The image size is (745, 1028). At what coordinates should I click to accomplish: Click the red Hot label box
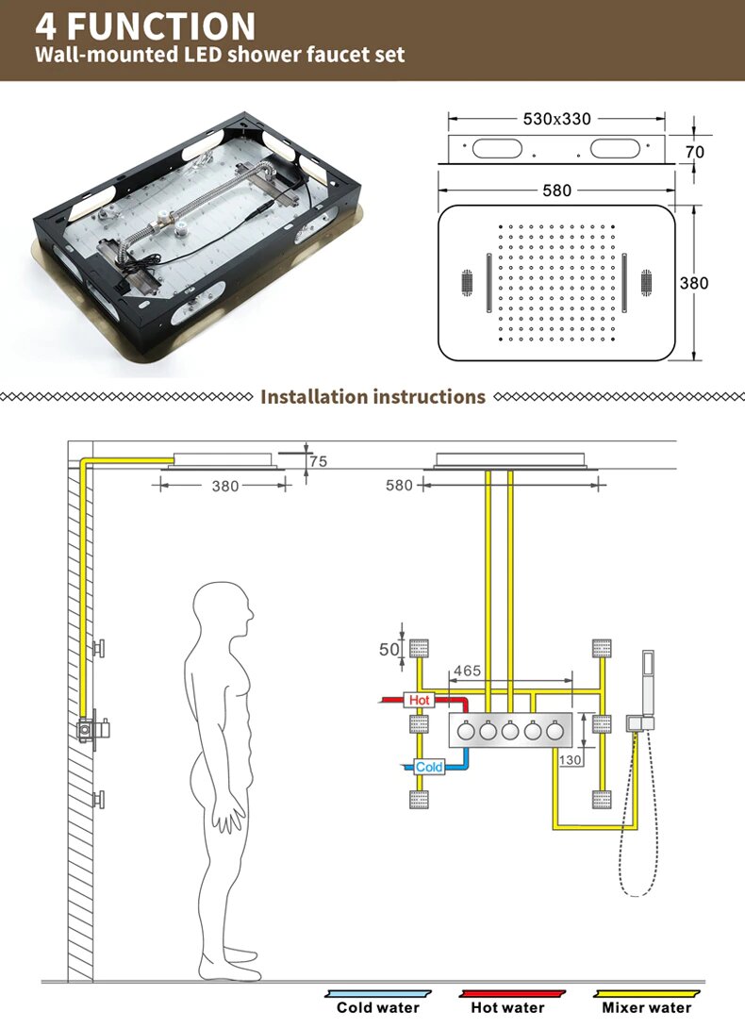coord(420,701)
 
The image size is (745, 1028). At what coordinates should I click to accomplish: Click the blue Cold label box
coord(429,767)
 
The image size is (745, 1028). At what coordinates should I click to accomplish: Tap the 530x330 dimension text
coord(556,119)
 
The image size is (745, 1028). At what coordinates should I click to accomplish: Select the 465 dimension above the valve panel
coord(467,671)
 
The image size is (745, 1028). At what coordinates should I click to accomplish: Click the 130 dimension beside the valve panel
coord(571,759)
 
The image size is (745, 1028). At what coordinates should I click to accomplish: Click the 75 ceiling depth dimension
coord(319,461)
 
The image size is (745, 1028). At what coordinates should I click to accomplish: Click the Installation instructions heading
coord(372,396)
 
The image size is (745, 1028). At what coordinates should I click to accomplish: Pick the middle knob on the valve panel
coord(510,731)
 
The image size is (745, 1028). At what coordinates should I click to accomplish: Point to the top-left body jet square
coord(420,648)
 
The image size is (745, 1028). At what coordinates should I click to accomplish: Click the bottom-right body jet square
coord(601,799)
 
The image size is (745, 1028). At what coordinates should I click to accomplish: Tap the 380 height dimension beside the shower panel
coord(693,282)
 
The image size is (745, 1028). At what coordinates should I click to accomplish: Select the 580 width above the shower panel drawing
coord(556,190)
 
